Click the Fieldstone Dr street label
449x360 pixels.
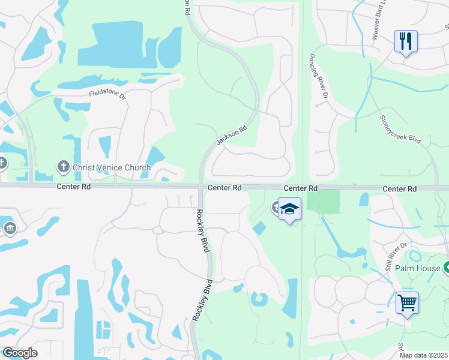108,94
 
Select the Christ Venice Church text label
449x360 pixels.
112,167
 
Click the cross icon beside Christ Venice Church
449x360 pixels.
63,166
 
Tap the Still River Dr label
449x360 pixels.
397,254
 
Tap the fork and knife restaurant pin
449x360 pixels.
406,41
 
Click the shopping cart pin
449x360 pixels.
407,302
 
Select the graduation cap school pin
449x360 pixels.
289,209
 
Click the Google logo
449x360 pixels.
20,353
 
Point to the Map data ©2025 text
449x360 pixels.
423,355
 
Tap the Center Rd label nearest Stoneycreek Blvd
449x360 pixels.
399,188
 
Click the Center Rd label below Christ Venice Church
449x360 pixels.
73,187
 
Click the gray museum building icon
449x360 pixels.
10,228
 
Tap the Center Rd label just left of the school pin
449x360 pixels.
224,188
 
